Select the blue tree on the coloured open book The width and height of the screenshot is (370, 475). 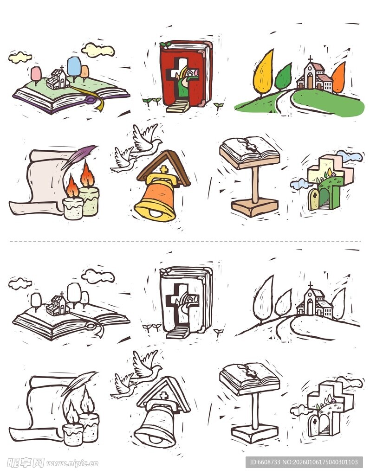coord(74,66)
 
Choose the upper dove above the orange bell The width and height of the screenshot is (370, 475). coord(146,138)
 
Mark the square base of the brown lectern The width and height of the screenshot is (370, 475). coord(255,207)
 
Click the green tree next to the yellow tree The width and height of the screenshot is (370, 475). coord(283,77)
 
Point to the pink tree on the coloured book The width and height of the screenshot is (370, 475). coord(36,73)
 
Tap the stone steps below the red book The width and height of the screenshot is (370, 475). coord(177,107)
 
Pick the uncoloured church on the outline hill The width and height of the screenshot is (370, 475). coord(314,302)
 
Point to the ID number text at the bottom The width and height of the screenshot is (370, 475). coord(304,462)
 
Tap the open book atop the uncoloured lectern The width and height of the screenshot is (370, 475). coord(250,378)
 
